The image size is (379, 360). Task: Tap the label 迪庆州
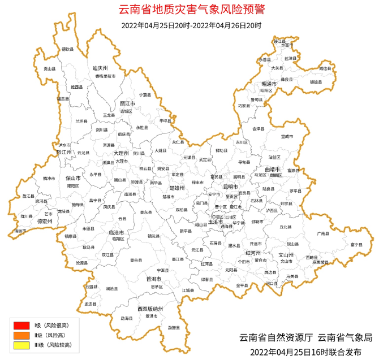tap(100, 68)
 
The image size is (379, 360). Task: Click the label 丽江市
tap(127, 104)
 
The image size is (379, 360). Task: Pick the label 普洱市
tap(154, 279)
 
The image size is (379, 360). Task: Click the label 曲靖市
tap(273, 169)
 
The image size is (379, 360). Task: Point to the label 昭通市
tap(269, 84)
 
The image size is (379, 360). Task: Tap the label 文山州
tap(286, 255)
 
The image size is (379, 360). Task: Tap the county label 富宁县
tap(356, 245)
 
